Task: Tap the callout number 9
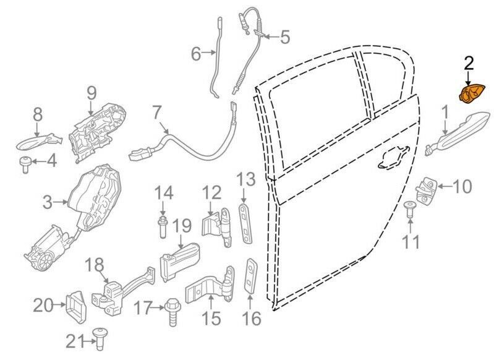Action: [x=92, y=93]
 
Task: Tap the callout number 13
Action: [x=245, y=181]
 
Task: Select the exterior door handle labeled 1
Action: [x=458, y=131]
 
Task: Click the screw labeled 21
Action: [x=100, y=337]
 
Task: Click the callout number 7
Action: [x=156, y=114]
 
